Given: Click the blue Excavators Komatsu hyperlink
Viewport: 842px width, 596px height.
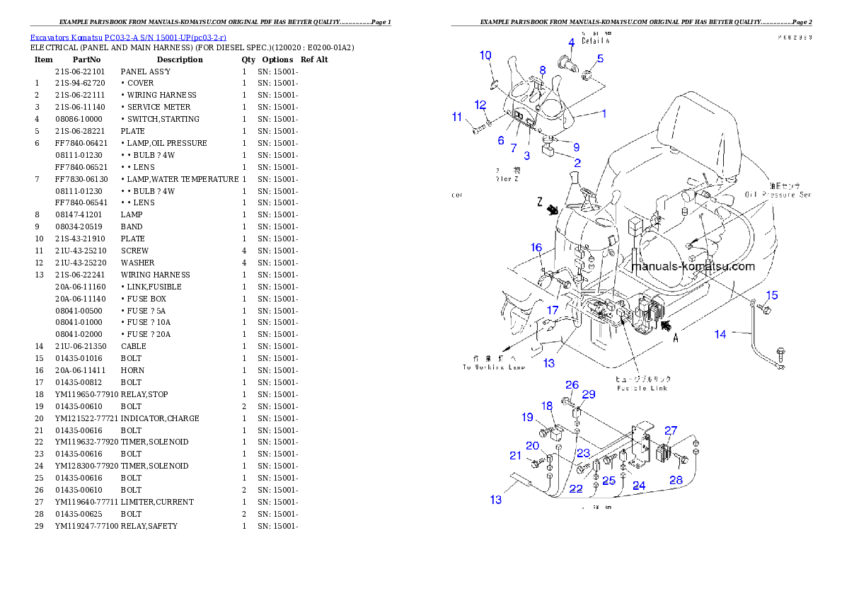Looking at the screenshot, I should pos(128,38).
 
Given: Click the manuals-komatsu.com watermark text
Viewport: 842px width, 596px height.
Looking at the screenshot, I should pos(693,267).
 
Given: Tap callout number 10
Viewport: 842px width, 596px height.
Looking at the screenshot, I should pos(485,55).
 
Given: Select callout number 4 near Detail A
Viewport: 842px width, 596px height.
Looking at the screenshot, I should pos(571,42).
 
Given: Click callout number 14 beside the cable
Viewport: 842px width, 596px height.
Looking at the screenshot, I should pos(720,334).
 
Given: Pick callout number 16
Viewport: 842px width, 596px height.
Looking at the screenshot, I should pos(537,248).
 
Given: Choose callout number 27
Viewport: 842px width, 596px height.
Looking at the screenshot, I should pos(671,430).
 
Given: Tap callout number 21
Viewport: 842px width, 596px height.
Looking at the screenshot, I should pos(515,456).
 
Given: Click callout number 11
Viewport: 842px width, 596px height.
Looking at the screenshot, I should pos(457,117).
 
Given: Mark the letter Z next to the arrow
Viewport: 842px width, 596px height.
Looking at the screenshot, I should pos(540,202).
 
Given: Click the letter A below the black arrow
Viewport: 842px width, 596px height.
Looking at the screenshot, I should pos(675,339).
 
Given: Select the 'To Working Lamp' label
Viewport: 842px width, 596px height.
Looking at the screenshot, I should pos(491,367).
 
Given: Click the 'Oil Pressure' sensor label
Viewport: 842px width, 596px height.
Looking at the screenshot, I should pos(778,194).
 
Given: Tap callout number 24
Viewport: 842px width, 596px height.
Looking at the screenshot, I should pos(639,486).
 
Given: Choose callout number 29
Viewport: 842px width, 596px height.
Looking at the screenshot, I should pos(589,394).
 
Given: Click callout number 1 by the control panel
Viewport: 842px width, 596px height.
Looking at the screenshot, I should pos(604,113).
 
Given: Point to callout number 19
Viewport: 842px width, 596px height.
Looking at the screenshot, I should pos(528,418).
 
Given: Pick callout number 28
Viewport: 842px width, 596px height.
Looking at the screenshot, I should pos(676,480).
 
